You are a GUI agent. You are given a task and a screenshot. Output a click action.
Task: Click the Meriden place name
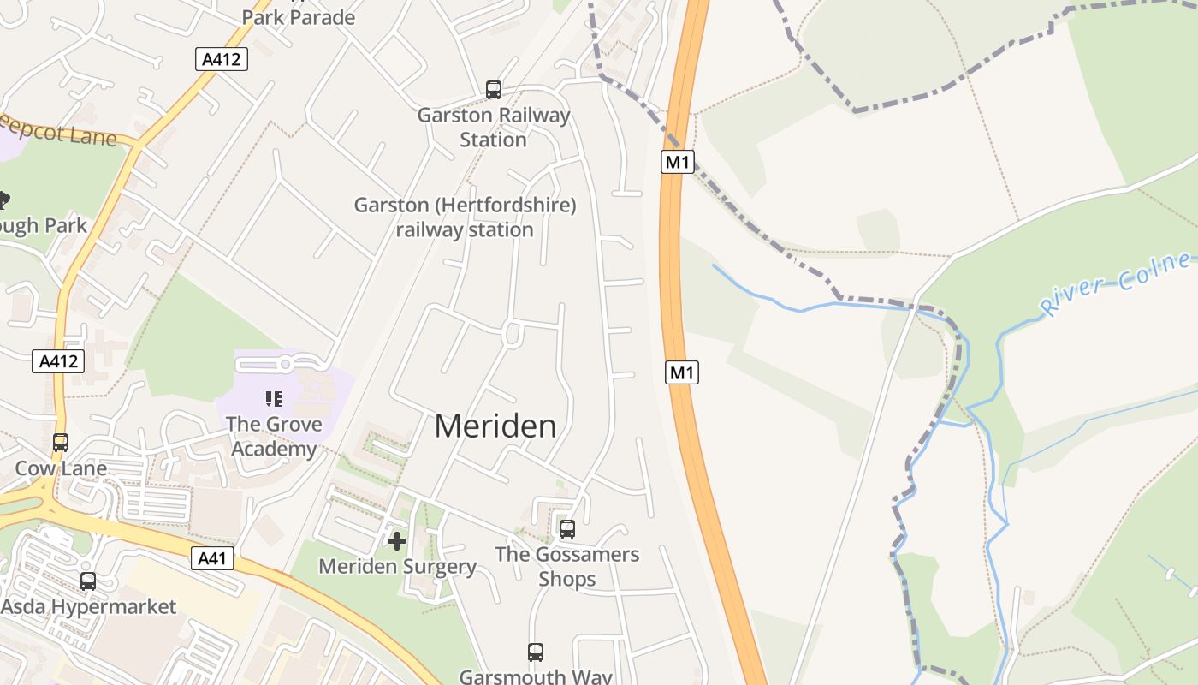pyautogui.click(x=495, y=426)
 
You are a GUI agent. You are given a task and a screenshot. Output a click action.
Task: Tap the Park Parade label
pyautogui.click(x=298, y=17)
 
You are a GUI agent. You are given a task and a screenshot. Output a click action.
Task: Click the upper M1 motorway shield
pyautogui.click(x=677, y=162)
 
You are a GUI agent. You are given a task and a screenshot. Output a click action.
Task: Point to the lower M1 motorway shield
pyautogui.click(x=682, y=372)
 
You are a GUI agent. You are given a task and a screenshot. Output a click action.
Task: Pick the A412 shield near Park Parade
pyautogui.click(x=222, y=59)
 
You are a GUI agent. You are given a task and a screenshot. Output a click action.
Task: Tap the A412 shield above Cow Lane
pyautogui.click(x=59, y=361)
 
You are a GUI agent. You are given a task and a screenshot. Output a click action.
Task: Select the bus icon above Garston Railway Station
pyautogui.click(x=494, y=90)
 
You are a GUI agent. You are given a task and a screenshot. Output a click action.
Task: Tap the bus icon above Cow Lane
pyautogui.click(x=61, y=443)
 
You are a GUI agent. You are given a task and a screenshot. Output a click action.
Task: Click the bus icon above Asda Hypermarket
pyautogui.click(x=88, y=581)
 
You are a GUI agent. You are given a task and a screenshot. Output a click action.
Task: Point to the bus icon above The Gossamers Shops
pyautogui.click(x=567, y=529)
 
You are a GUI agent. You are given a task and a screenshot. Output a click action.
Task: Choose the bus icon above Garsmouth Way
pyautogui.click(x=536, y=652)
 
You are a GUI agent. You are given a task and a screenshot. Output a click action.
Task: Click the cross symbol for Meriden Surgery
pyautogui.click(x=397, y=541)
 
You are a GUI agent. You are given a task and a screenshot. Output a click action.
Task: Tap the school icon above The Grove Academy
pyautogui.click(x=274, y=398)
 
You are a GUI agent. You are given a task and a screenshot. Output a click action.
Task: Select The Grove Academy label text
pyautogui.click(x=274, y=437)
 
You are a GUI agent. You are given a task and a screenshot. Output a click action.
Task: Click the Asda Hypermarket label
pyautogui.click(x=88, y=607)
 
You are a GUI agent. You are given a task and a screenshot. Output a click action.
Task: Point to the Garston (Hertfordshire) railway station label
pyautogui.click(x=466, y=217)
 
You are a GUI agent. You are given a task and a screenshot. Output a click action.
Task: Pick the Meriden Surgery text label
pyautogui.click(x=397, y=566)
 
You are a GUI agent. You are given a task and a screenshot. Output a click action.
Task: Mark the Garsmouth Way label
pyautogui.click(x=536, y=676)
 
